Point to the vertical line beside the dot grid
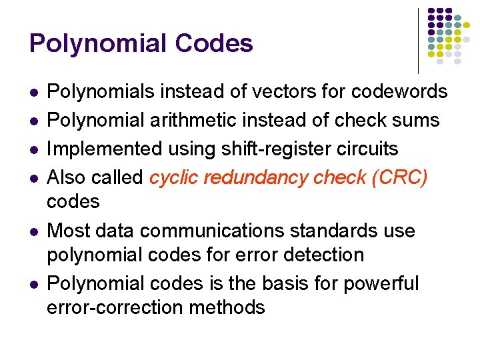click(418, 40)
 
